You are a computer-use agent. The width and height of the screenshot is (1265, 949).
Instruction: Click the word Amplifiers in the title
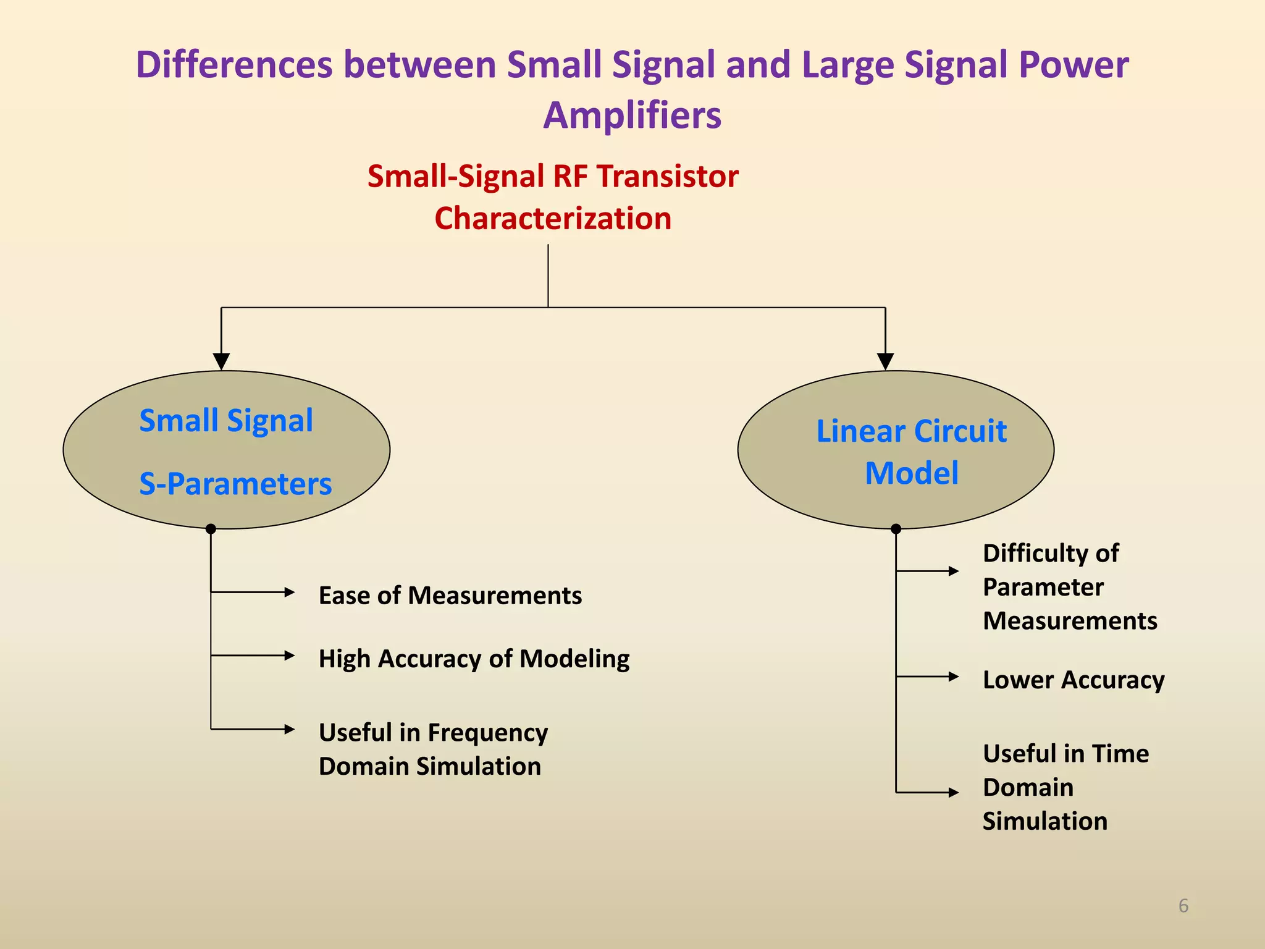point(632,116)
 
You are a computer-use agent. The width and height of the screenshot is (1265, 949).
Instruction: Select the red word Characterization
point(553,219)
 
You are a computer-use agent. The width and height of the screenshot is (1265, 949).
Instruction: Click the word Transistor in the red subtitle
point(667,176)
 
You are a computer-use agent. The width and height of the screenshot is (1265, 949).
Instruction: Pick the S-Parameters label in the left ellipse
point(235,484)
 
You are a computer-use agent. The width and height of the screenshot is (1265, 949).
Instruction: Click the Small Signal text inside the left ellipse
point(226,421)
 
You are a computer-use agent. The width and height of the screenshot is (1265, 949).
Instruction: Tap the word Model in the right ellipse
point(911,474)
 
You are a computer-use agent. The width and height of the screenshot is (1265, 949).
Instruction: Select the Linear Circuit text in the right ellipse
point(911,431)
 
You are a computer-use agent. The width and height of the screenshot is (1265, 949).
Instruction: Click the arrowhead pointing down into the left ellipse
point(221,361)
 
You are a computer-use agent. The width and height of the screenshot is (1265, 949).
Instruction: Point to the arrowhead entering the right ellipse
point(885,361)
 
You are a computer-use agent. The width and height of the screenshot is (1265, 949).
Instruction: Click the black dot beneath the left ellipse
point(211,529)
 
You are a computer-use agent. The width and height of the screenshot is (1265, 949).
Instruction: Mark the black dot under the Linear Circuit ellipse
point(896,529)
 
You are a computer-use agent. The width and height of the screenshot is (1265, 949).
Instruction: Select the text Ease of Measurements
point(450,596)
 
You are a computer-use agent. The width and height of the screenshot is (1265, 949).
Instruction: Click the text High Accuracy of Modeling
point(474,659)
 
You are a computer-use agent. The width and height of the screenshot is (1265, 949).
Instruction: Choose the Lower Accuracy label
point(1073,680)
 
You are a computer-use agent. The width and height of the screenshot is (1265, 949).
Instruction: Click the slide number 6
point(1183,906)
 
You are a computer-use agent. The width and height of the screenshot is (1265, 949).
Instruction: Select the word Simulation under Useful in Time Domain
point(1044,821)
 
